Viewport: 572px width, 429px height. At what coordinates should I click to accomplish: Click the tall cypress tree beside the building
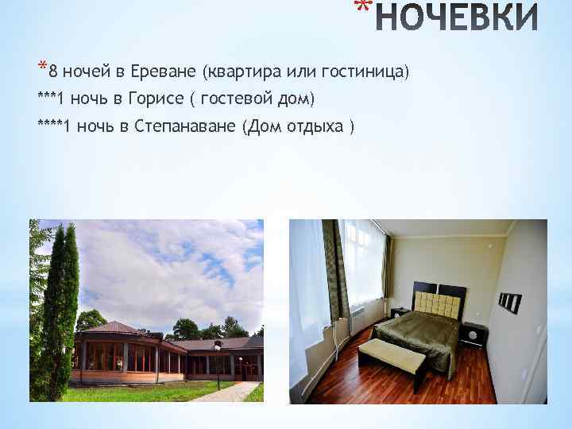tap(59, 310)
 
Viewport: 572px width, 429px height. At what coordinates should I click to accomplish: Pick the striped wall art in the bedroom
tap(509, 301)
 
